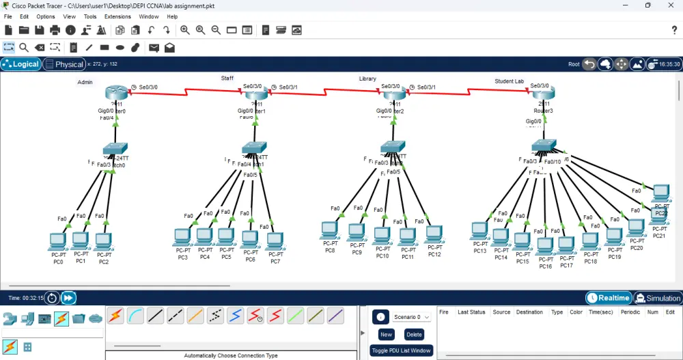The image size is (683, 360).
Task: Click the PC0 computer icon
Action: (57, 242)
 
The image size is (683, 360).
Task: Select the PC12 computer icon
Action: (434, 234)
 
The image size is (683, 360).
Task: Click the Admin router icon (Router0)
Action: (117, 94)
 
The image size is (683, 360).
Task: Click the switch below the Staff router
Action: (253, 148)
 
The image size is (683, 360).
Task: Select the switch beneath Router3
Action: (544, 146)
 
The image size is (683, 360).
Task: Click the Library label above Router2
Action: (367, 79)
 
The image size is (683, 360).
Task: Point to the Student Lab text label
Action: (509, 81)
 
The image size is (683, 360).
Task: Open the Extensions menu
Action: (117, 16)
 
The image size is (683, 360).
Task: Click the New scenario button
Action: (386, 335)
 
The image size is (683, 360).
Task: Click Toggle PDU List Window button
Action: (401, 350)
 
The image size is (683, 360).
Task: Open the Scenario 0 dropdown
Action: (412, 317)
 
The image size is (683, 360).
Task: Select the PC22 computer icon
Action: (660, 194)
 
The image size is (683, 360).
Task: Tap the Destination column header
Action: (529, 312)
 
